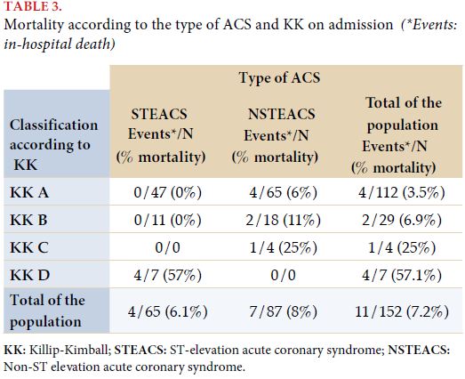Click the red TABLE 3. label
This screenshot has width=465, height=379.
tap(33, 6)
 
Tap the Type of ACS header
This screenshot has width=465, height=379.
tap(279, 78)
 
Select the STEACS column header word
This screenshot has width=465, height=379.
tap(159, 114)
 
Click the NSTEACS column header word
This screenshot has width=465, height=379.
tap(282, 114)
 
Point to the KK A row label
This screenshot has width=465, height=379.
tap(29, 192)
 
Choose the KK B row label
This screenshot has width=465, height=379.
tap(28, 220)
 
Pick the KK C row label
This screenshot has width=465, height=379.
tap(29, 247)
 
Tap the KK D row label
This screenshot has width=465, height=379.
tap(29, 275)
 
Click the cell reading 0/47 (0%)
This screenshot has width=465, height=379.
tap(167, 193)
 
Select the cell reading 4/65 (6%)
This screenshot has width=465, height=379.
tap(284, 193)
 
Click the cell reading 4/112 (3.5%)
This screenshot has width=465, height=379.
tap(402, 193)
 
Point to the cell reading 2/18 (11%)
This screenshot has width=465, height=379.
tap(284, 221)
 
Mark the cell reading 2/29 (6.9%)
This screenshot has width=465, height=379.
tap(402, 221)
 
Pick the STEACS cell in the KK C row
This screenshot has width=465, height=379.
tap(167, 247)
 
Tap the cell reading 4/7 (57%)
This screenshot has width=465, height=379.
tap(167, 276)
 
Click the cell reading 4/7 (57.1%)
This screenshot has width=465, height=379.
tap(402, 276)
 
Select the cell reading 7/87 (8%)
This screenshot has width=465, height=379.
tap(284, 311)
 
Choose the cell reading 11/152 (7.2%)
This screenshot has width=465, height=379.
tap(402, 311)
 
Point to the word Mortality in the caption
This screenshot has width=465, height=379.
tap(34, 25)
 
